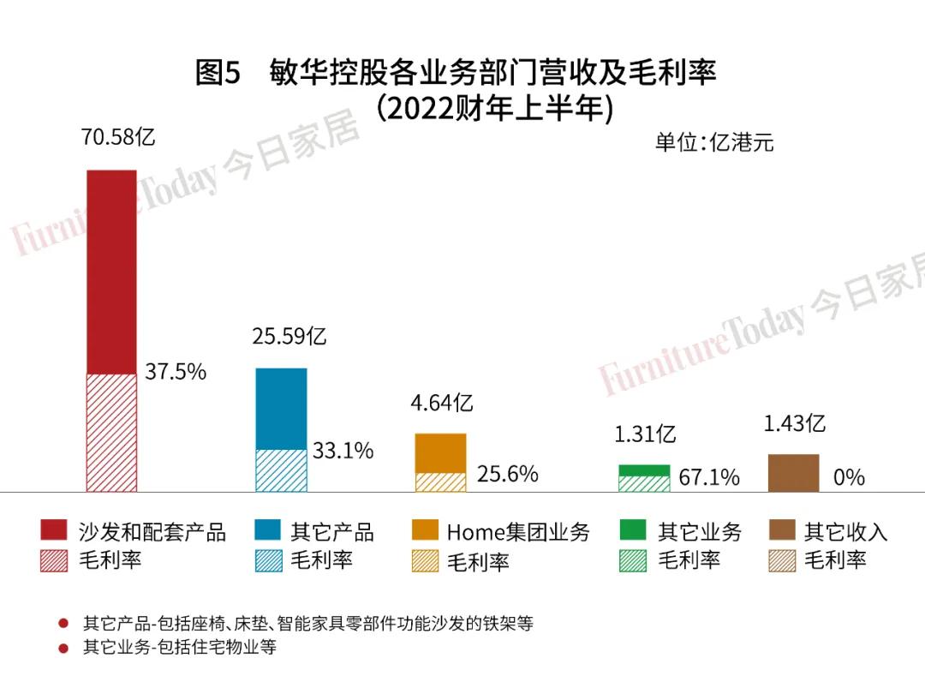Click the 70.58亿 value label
pyautogui.click(x=118, y=137)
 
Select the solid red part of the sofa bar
pyautogui.click(x=111, y=271)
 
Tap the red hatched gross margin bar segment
pyautogui.click(x=111, y=432)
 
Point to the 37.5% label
pyautogui.click(x=176, y=372)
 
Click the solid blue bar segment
pyautogui.click(x=281, y=409)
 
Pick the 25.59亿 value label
pyautogui.click(x=289, y=336)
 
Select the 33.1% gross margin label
pyautogui.click(x=343, y=451)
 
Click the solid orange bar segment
pyautogui.click(x=440, y=453)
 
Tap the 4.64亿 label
pyautogui.click(x=440, y=403)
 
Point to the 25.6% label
pyautogui.click(x=507, y=474)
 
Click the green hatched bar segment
pyautogui.click(x=644, y=483)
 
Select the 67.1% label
pyautogui.click(x=709, y=477)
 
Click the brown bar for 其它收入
pyautogui.click(x=793, y=473)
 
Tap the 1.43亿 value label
pyautogui.click(x=795, y=423)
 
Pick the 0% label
pyautogui.click(x=849, y=477)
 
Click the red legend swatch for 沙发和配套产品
pyautogui.click(x=53, y=531)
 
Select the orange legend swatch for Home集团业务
pyautogui.click(x=425, y=531)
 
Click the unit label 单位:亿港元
pyautogui.click(x=714, y=142)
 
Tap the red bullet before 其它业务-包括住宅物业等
pyautogui.click(x=63, y=649)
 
